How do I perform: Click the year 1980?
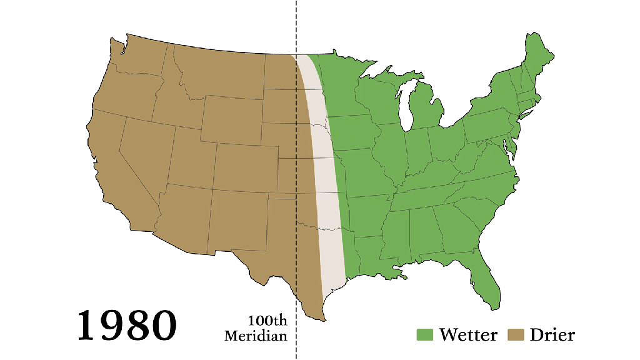tap(127, 324)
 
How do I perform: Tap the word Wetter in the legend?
tap(468, 334)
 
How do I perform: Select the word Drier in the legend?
tap(552, 334)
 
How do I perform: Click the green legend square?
tap(425, 334)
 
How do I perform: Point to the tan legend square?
tap(516, 334)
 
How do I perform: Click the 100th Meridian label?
tap(257, 328)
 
